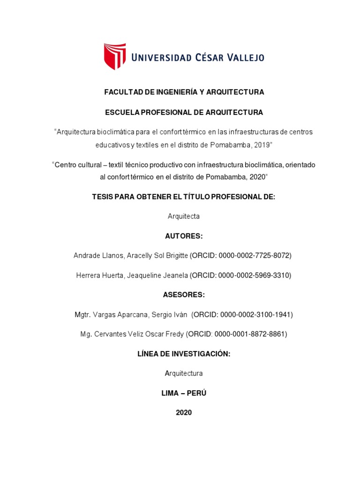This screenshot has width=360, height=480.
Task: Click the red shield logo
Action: point(115,56)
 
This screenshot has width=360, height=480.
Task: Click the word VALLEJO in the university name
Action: point(240,58)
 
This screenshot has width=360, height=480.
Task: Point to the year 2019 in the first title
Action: point(262,145)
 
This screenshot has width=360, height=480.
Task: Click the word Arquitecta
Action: point(184,217)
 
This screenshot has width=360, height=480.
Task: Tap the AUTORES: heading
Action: point(184,236)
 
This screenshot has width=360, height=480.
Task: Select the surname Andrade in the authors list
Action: point(88,255)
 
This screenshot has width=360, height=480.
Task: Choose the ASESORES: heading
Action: point(184,295)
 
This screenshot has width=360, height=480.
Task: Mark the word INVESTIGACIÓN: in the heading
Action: point(202,354)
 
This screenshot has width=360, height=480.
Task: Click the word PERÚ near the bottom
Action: point(197,393)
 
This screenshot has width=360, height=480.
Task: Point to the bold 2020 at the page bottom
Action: point(184,412)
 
